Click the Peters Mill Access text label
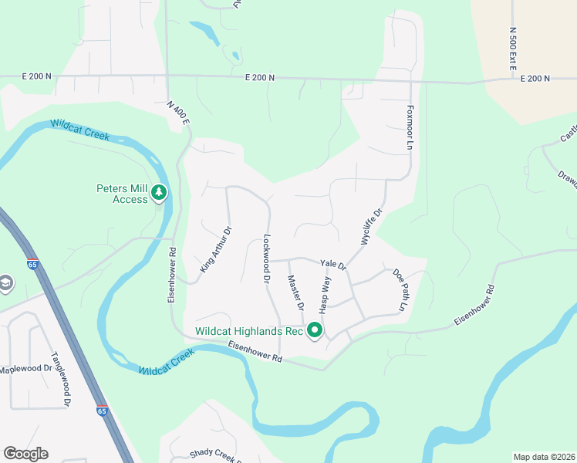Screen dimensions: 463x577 pos(121,193)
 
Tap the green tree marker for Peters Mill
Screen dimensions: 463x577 pos(159,191)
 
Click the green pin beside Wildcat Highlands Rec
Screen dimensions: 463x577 pos(315,330)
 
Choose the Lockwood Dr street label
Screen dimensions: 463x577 pos(268,257)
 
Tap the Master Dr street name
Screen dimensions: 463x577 pos(295,292)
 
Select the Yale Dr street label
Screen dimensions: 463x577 pos(334,264)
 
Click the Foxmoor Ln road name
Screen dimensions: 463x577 pos(410,128)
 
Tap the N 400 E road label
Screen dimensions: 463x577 pos(178,113)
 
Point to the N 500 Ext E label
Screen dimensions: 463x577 pos(512,48)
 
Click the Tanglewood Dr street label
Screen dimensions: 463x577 pos(61,380)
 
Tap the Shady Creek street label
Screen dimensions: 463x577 pos(212,455)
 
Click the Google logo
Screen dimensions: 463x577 pos(25,454)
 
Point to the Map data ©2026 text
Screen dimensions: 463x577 pos(543,457)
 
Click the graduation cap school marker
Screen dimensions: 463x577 pos(5,283)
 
